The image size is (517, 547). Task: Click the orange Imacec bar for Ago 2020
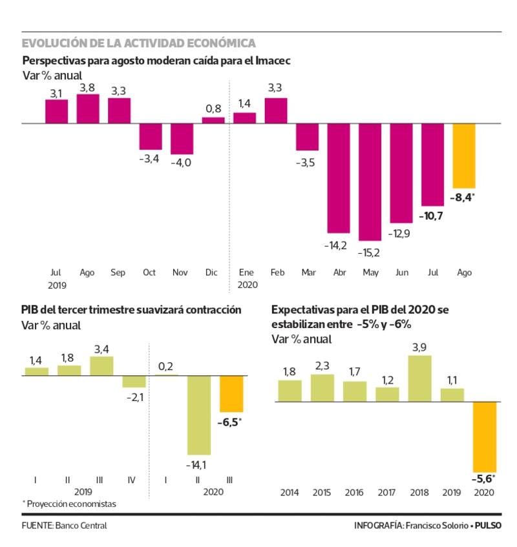(463, 155)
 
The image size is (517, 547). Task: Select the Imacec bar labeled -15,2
(370, 181)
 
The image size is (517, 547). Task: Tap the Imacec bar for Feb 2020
(276, 110)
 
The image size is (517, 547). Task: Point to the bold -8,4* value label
(464, 198)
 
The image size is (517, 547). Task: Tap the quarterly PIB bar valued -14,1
(199, 415)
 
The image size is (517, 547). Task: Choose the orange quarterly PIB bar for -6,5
(231, 393)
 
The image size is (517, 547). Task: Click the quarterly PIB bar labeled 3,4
(101, 366)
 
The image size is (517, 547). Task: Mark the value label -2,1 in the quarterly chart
(134, 397)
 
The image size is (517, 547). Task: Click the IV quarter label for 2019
(132, 480)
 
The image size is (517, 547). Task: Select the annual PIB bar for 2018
(419, 378)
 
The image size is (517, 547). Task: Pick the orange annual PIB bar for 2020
(484, 437)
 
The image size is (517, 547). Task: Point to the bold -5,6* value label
(485, 480)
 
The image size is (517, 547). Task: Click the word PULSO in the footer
(488, 526)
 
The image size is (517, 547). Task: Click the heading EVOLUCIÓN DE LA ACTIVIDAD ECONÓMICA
(138, 43)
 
